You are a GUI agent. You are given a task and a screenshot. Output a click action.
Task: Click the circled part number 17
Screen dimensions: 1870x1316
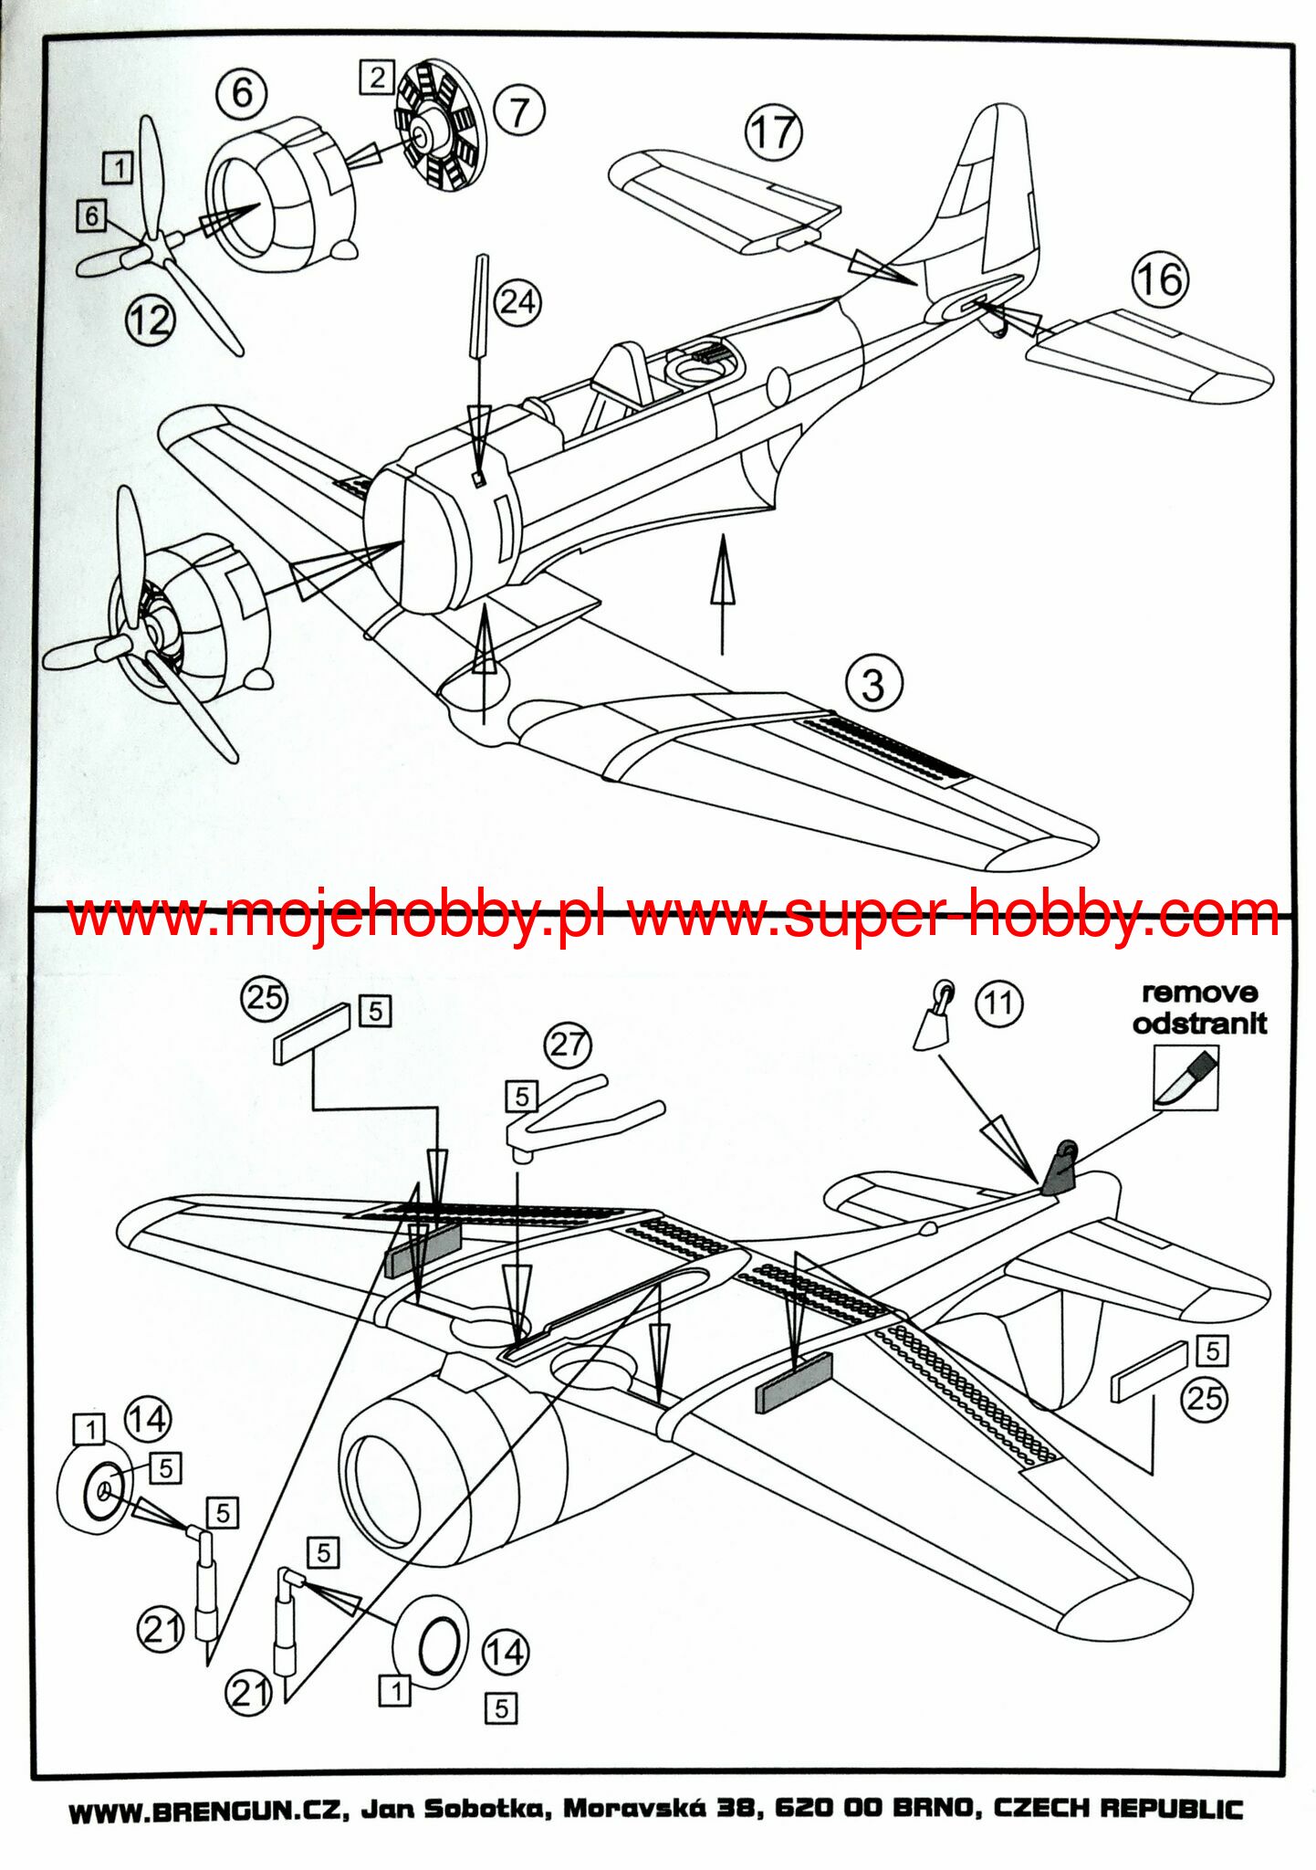[774, 131]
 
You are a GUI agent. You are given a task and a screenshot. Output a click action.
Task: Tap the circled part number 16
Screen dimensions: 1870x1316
[1160, 278]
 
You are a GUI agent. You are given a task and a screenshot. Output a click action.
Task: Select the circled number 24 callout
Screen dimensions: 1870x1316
[517, 301]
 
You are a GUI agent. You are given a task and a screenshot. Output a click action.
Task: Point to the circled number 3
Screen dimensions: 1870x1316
[873, 684]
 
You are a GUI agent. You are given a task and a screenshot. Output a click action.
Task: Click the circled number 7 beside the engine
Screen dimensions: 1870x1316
[518, 112]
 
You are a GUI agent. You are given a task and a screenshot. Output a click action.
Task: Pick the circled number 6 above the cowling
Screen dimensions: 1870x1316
[242, 92]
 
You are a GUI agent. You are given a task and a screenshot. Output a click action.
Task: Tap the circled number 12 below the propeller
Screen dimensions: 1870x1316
[150, 320]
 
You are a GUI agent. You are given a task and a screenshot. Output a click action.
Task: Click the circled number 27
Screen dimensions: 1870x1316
[567, 1044]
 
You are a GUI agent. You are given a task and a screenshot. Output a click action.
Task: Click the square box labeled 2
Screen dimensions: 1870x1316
[377, 77]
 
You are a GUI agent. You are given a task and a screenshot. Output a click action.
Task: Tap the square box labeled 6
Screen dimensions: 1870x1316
[91, 216]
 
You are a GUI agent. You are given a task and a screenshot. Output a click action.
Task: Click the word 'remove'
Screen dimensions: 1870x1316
[1199, 992]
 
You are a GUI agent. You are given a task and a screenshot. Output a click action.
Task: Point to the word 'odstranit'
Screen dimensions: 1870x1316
[1199, 1023]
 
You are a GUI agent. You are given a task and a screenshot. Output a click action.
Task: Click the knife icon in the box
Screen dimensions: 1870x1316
[1185, 1077]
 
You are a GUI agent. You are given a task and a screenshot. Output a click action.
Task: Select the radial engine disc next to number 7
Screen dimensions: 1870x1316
[441, 125]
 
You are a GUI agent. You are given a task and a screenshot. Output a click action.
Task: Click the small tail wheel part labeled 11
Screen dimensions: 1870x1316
[933, 1020]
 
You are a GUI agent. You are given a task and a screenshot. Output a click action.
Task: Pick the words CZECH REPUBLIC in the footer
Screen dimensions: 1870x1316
[1118, 1809]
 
